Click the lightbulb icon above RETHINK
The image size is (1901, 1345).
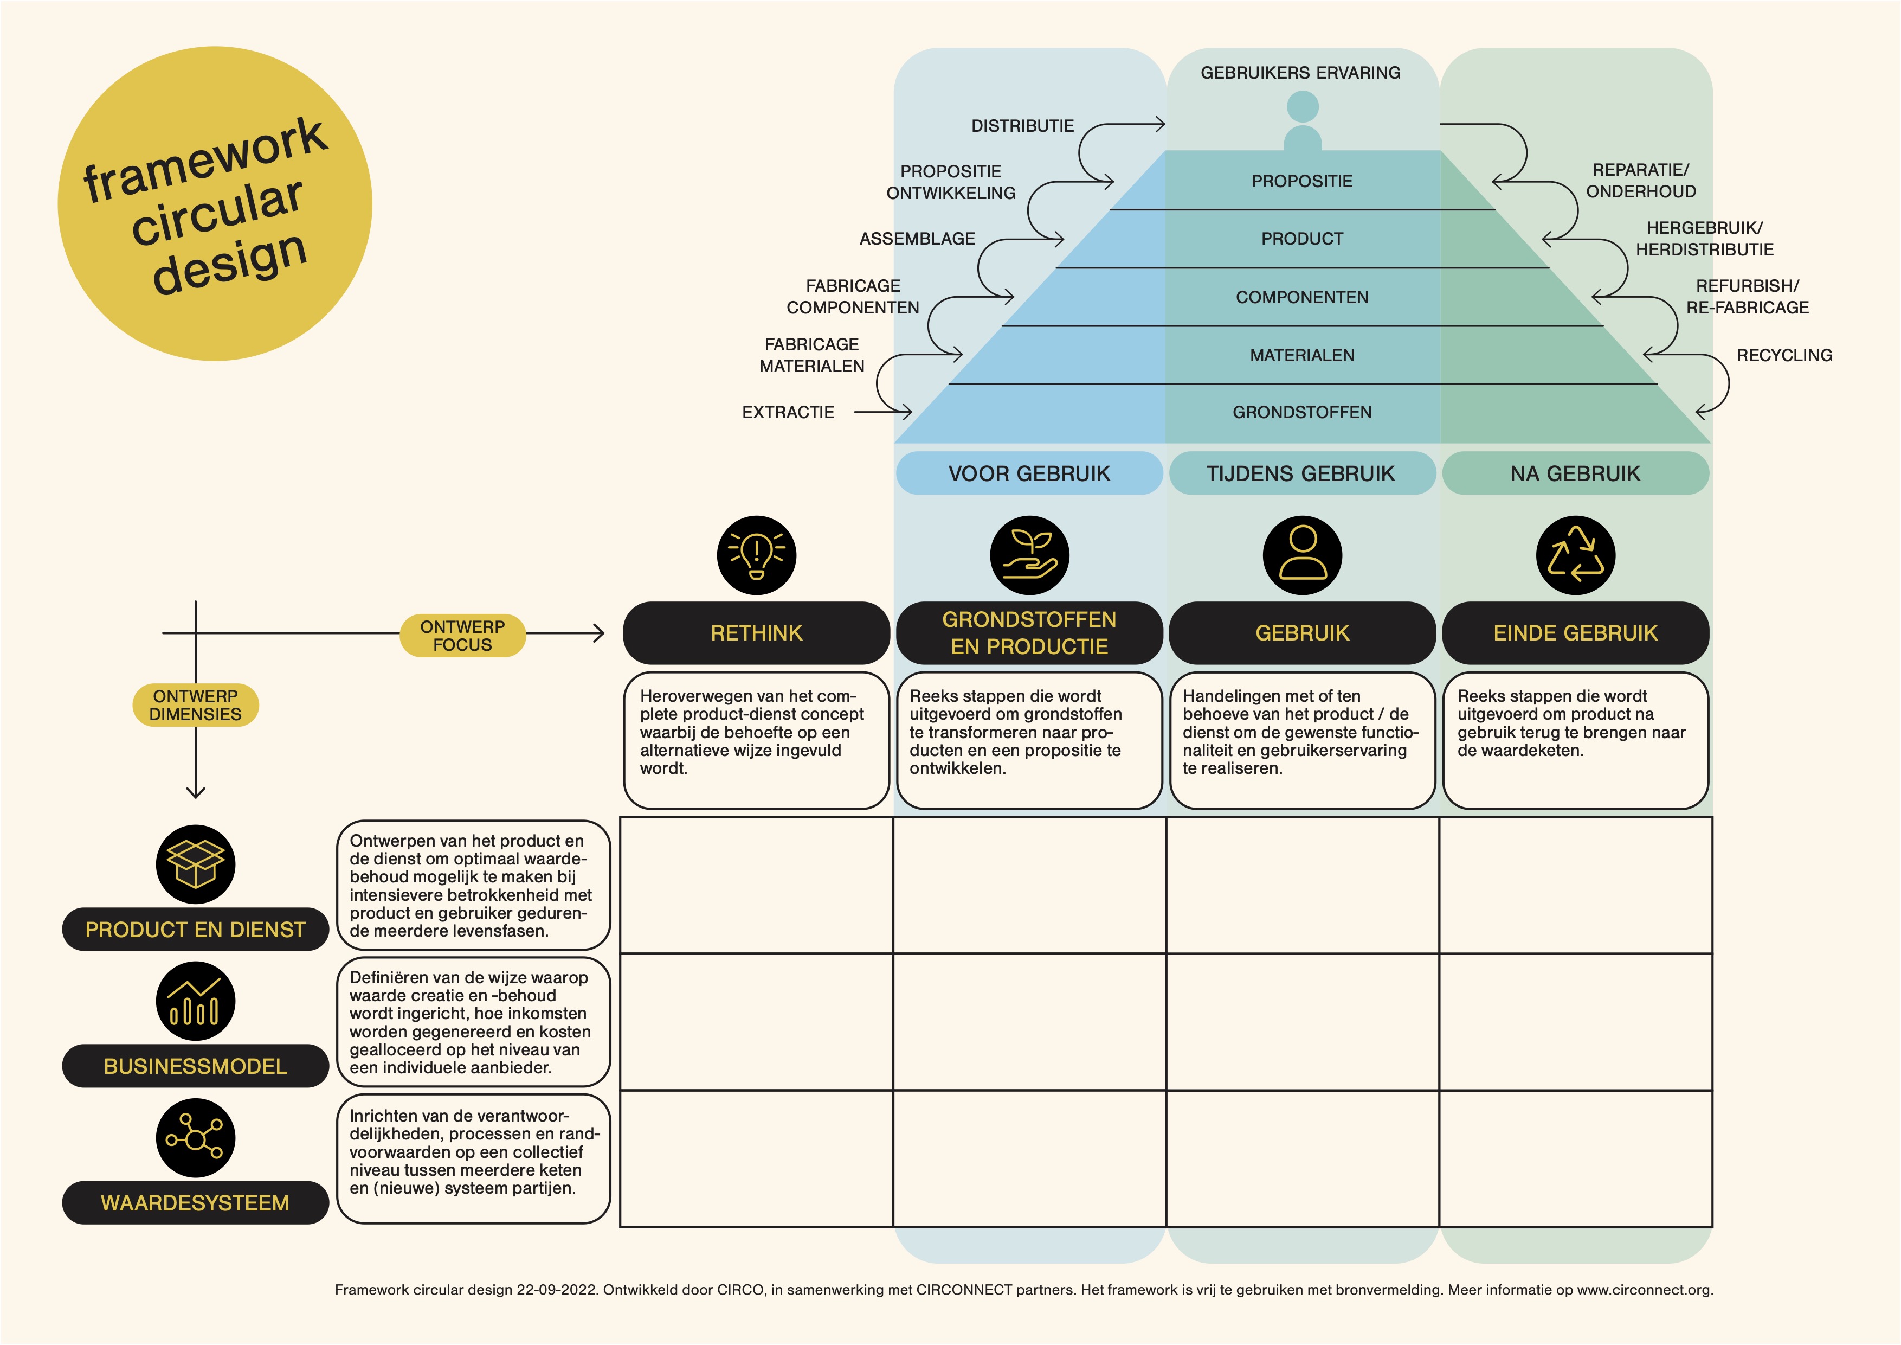[756, 555]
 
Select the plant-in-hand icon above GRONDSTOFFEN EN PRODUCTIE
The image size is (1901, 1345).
[1029, 555]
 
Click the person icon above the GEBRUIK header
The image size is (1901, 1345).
[1303, 555]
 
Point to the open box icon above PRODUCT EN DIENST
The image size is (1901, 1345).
[195, 864]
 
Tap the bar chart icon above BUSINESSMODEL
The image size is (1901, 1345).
[195, 1001]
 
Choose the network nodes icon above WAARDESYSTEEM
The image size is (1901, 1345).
[195, 1137]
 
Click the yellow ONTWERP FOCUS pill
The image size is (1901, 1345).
[463, 635]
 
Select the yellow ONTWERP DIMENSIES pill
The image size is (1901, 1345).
[195, 705]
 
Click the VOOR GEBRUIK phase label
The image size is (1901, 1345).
[1029, 473]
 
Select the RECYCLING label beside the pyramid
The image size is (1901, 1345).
[1784, 355]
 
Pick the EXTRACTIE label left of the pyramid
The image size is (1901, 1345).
[788, 412]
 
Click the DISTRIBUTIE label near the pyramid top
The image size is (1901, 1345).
[1022, 126]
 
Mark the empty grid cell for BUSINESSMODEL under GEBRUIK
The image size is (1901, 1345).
[1303, 1022]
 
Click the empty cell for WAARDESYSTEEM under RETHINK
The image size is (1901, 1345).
[756, 1158]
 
